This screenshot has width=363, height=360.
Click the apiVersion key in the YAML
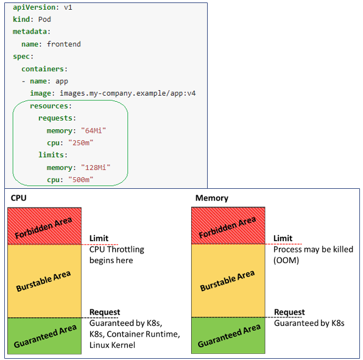pyautogui.click(x=34, y=8)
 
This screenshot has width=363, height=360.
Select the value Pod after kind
pyautogui.click(x=44, y=19)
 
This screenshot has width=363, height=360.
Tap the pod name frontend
pyautogui.click(x=64, y=44)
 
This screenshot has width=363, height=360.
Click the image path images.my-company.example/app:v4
pyautogui.click(x=128, y=93)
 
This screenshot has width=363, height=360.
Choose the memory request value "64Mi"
pyautogui.click(x=93, y=130)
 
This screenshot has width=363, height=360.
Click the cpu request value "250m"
pyautogui.click(x=80, y=143)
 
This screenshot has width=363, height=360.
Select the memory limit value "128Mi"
pyautogui.click(x=96, y=168)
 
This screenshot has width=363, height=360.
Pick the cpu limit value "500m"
pyautogui.click(x=80, y=180)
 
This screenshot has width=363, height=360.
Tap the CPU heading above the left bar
pyautogui.click(x=18, y=198)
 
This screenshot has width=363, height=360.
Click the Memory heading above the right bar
pyautogui.click(x=212, y=198)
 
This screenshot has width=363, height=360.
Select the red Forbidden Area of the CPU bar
pyautogui.click(x=44, y=226)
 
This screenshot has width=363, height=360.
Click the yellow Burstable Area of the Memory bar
pyautogui.click(x=228, y=281)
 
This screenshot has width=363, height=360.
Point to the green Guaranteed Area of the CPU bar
pyautogui.click(x=44, y=336)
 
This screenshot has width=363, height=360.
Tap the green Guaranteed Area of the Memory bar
pyautogui.click(x=228, y=336)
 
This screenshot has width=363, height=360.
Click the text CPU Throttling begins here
pyautogui.click(x=117, y=255)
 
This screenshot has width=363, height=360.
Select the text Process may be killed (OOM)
pyautogui.click(x=313, y=255)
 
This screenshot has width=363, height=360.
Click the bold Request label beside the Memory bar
pyautogui.click(x=289, y=312)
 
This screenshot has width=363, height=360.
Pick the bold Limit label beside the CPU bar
pyautogui.click(x=99, y=238)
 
